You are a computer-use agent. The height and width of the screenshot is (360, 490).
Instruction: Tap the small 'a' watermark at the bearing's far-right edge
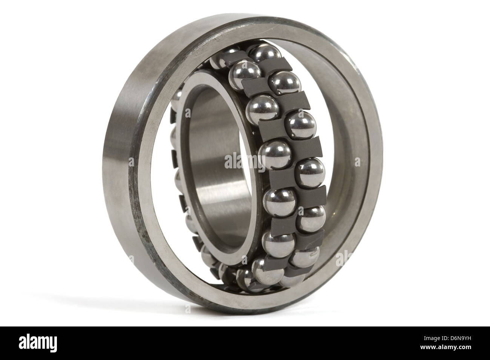[x=357, y=162]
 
